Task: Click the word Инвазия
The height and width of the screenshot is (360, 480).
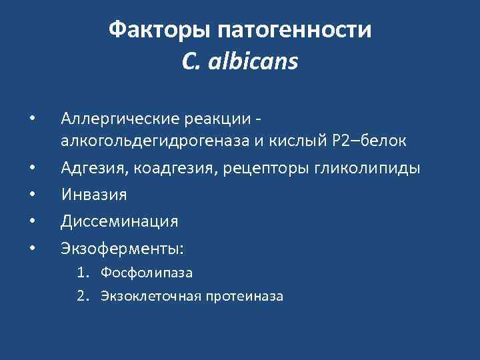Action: (93, 194)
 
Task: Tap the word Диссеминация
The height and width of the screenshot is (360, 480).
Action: (119, 221)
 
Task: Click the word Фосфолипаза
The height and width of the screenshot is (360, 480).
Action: (147, 272)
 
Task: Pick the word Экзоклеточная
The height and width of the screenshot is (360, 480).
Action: (151, 295)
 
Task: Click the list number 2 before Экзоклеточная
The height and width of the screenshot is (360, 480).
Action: (82, 295)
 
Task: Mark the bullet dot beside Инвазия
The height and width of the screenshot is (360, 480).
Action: (32, 194)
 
